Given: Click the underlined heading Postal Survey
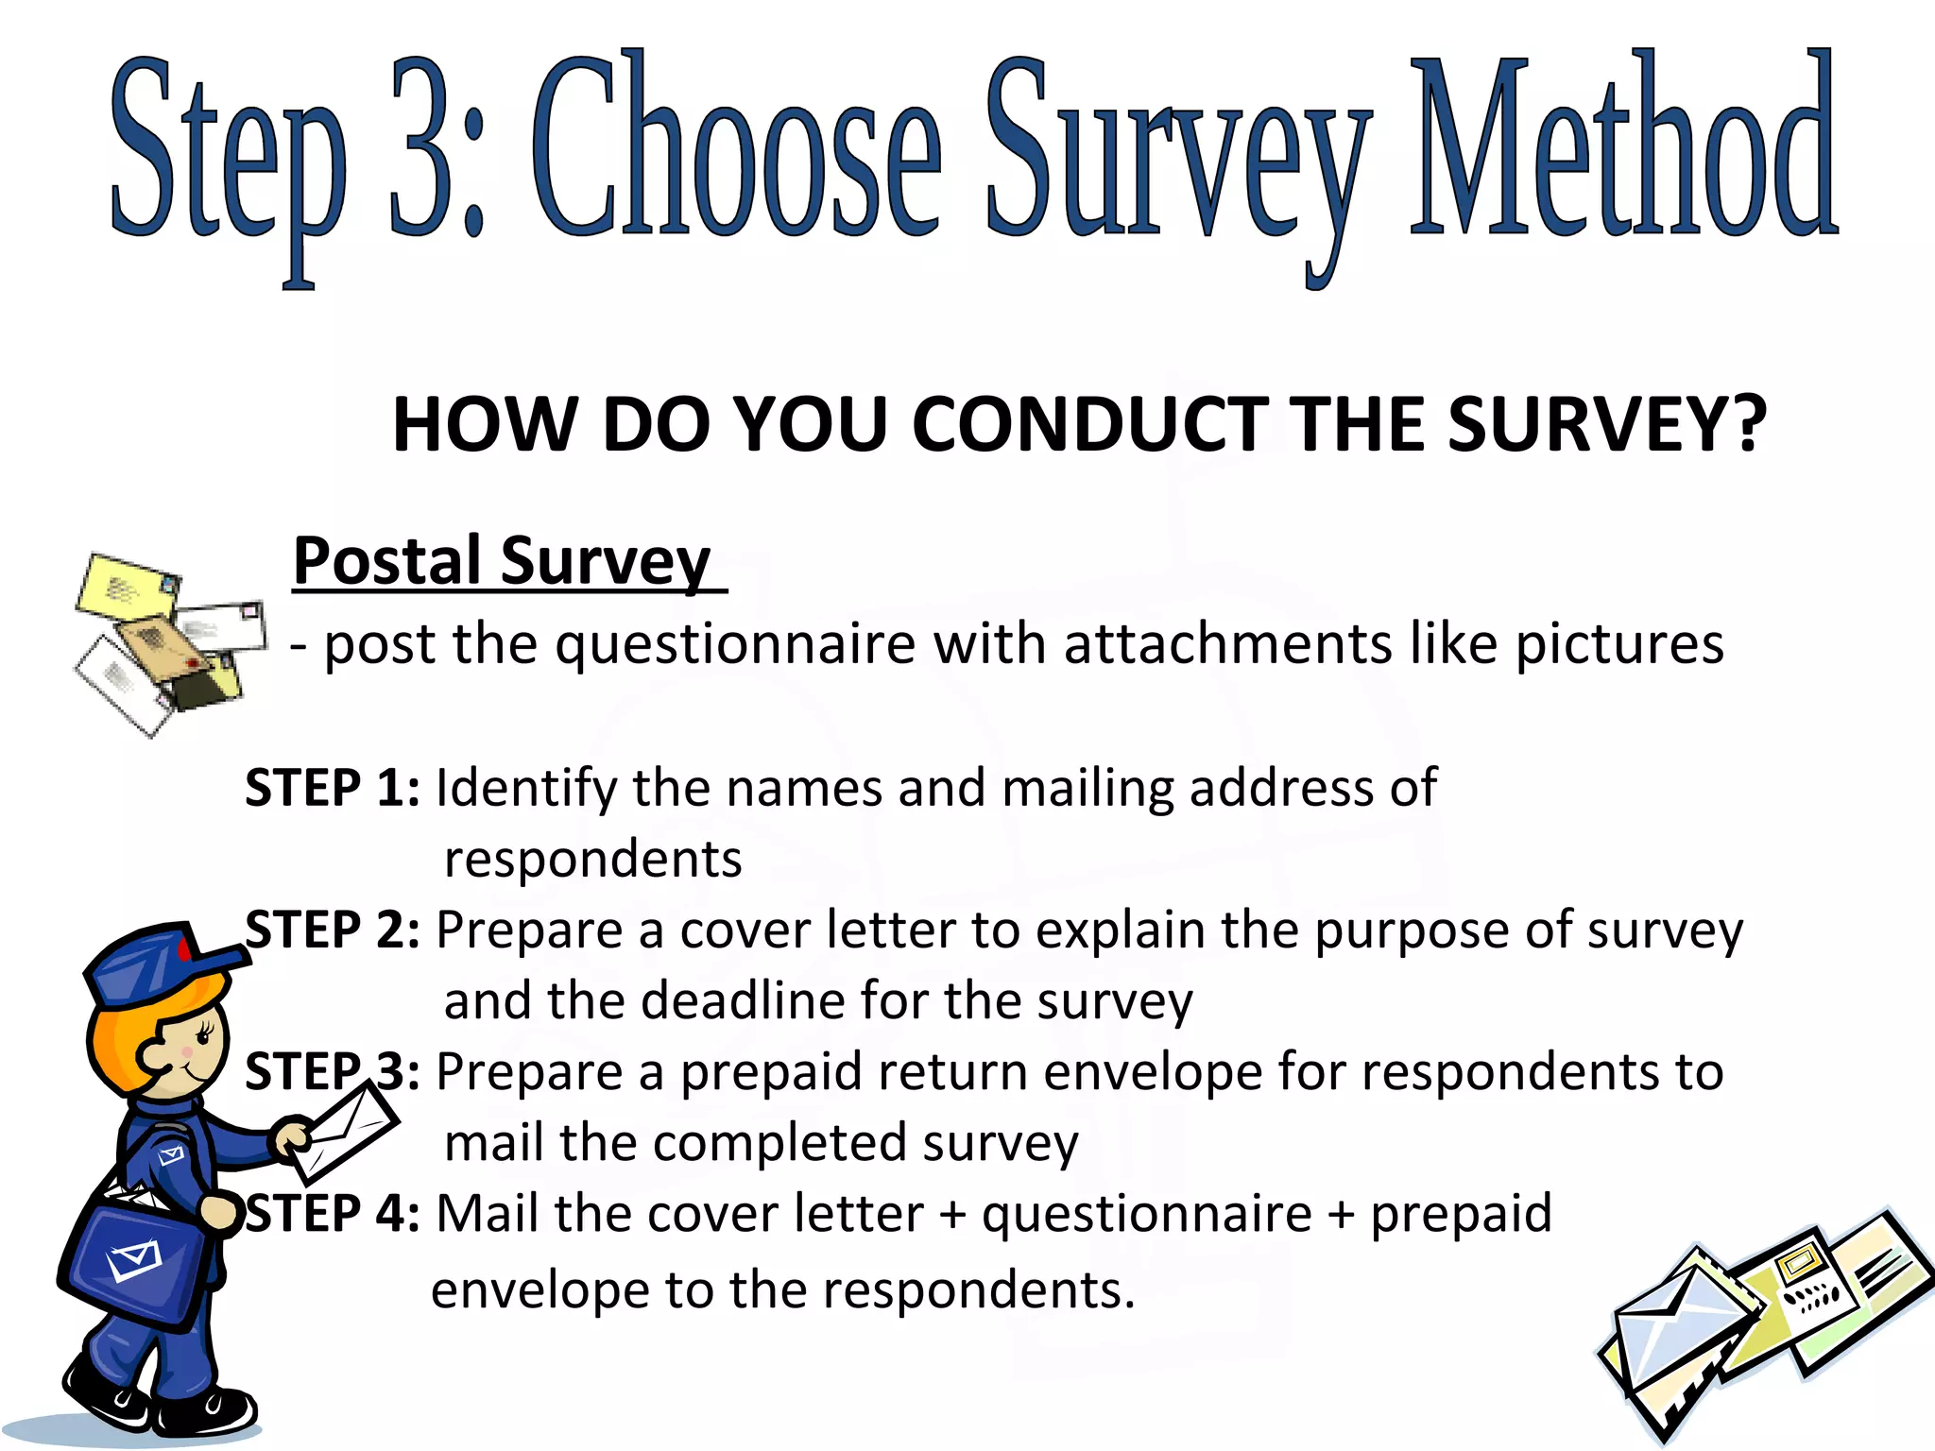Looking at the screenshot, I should point(502,561).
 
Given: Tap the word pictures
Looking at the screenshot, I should point(1619,645).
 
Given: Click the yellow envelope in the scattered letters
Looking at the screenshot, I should point(128,590).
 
